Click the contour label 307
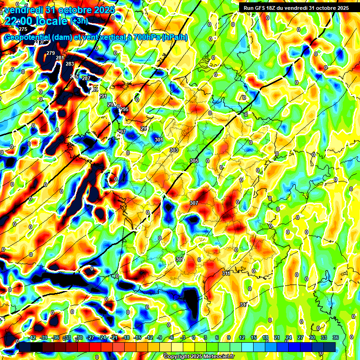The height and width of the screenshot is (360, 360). [194, 203]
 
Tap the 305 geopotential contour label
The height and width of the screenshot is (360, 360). [194, 161]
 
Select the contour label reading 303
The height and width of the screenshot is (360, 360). [174, 150]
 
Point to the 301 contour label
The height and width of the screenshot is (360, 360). [158, 140]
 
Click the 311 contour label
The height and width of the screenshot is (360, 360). [226, 273]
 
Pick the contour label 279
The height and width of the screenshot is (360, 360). [51, 53]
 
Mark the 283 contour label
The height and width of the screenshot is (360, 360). [70, 64]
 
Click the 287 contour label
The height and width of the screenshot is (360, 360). [86, 78]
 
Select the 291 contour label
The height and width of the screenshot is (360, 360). [103, 96]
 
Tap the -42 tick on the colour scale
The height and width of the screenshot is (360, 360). [32, 337]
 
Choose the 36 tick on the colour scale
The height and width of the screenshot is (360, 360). [336, 337]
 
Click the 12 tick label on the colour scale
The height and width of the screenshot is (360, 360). [241, 337]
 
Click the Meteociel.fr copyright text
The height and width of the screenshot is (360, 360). [199, 356]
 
